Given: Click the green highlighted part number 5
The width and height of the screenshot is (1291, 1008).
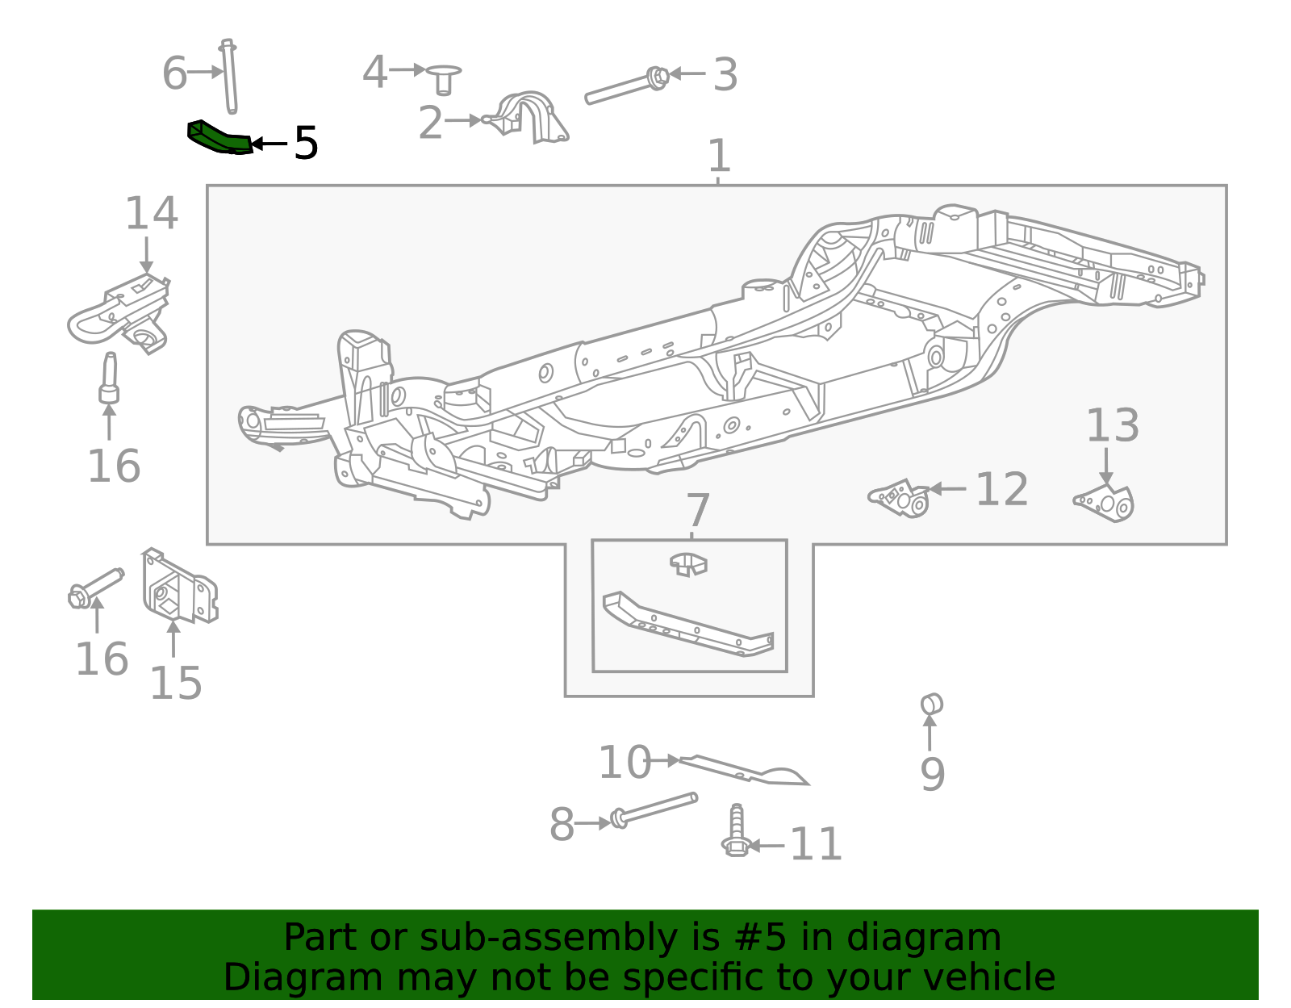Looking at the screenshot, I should [219, 138].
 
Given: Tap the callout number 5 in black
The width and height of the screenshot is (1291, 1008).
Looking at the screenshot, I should [306, 144].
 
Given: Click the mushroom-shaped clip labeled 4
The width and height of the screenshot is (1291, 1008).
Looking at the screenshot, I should [443, 78].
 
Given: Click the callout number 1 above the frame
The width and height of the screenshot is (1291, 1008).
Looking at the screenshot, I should [718, 156].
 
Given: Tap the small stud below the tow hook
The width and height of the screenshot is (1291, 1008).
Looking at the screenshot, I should [109, 379].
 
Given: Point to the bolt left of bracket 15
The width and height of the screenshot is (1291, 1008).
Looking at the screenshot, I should [95, 588].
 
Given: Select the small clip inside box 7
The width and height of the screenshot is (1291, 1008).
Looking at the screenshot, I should [688, 563].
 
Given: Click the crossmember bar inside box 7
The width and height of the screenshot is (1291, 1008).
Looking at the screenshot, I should [687, 625].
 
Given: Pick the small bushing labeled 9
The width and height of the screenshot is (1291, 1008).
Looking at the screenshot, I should [931, 704].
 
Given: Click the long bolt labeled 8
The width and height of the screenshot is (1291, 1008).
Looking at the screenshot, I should [654, 809].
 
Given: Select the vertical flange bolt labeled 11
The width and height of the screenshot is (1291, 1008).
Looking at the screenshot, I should [736, 831].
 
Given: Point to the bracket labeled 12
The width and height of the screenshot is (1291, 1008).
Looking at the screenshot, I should [900, 497].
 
